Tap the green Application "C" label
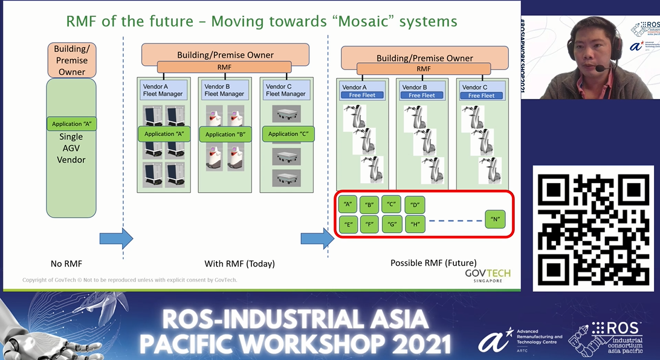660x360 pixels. coord(288,134)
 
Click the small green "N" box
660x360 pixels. coord(495,219)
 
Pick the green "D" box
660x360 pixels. coord(415,205)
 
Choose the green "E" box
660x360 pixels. coord(348,225)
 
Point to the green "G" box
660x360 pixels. coord(392,225)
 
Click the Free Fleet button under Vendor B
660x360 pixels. coord(421,95)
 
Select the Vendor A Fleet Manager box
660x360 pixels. coord(163,91)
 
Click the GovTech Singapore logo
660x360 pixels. coord(487,275)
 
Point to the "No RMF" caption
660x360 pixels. coord(66,263)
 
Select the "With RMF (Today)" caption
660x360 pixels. coord(239,263)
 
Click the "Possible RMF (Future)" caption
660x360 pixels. coord(433,263)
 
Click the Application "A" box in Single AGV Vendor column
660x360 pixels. coord(71,124)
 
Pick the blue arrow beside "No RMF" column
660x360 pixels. coord(115,238)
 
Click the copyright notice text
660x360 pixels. coord(130,280)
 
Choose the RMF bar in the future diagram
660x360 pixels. coord(423,69)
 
